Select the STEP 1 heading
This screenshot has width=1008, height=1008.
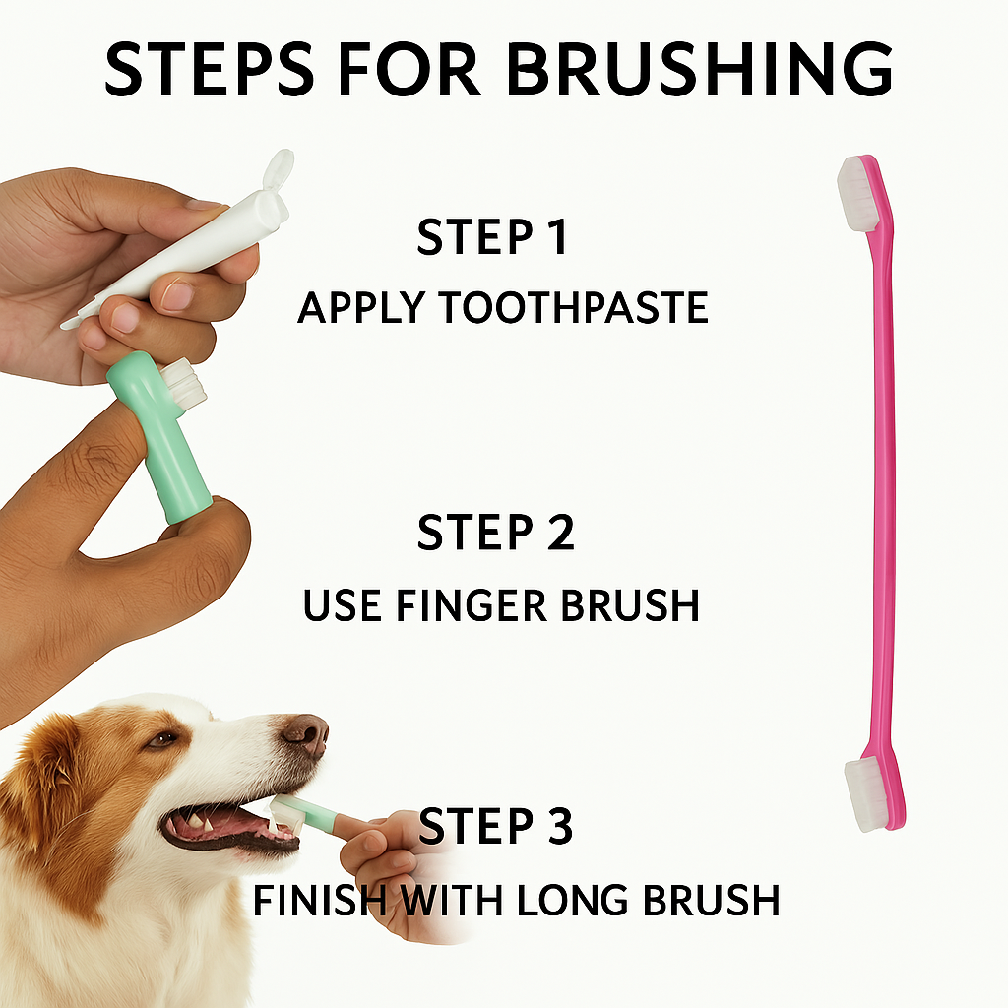coord(492,238)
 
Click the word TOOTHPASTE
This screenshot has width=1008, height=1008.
coord(573,308)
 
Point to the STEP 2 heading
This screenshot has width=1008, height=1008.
coord(495,533)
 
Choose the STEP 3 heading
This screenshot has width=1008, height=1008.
coord(495,825)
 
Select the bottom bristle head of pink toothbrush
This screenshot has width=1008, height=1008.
coord(867,793)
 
